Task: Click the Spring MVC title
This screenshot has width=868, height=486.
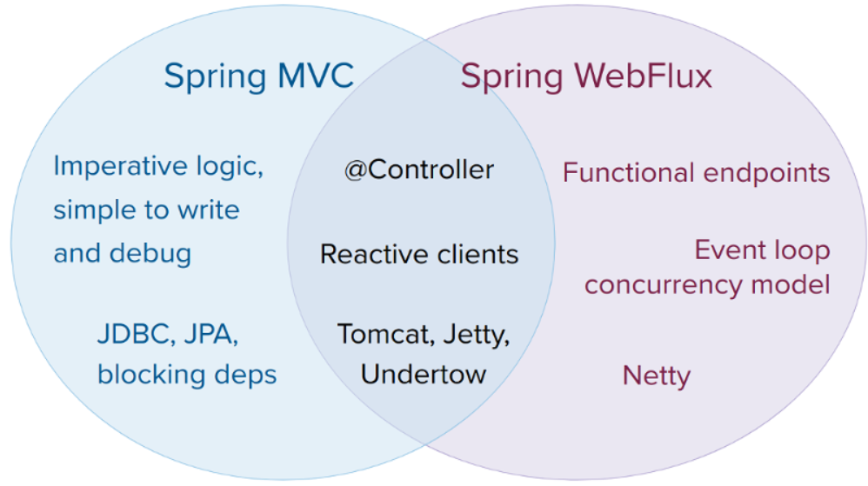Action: (x=258, y=77)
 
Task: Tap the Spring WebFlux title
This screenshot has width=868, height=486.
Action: (x=586, y=77)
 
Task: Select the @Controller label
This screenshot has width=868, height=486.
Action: (x=419, y=170)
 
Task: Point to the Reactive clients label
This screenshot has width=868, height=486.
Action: (x=419, y=255)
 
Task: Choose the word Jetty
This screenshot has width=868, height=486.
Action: (x=477, y=336)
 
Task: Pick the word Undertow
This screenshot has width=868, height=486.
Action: (x=424, y=375)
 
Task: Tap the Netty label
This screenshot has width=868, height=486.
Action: (x=657, y=376)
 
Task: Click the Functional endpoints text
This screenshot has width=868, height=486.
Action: (x=697, y=173)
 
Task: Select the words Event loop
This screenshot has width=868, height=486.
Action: (x=762, y=250)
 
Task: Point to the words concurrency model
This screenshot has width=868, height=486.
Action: (x=707, y=285)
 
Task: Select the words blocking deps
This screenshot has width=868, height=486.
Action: (x=187, y=375)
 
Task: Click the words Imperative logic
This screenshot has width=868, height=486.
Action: (x=158, y=167)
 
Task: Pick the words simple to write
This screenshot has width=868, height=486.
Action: (x=147, y=210)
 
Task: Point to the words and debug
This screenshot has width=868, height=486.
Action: (x=123, y=254)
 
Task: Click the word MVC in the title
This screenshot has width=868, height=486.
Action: (x=316, y=75)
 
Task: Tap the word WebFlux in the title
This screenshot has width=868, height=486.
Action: (x=644, y=75)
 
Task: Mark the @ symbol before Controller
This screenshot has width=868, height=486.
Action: (x=356, y=170)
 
